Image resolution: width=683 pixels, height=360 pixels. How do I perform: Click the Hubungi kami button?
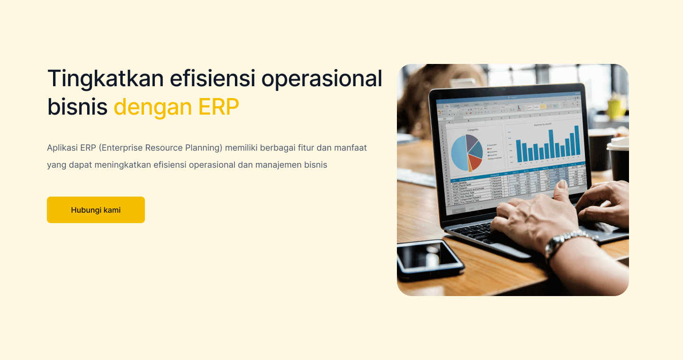[96, 210]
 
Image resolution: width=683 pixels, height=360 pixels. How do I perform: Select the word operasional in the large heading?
[322, 78]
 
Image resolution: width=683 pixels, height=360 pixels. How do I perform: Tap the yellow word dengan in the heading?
[153, 108]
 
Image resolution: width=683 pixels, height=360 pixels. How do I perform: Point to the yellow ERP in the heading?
[218, 108]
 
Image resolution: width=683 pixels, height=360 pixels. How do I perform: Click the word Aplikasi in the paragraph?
[62, 148]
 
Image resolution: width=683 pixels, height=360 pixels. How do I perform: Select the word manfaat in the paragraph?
[350, 148]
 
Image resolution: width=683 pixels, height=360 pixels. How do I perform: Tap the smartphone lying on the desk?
[429, 259]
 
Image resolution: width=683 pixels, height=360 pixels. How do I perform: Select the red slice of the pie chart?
[475, 162]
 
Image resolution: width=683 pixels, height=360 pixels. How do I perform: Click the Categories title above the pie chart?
[473, 129]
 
